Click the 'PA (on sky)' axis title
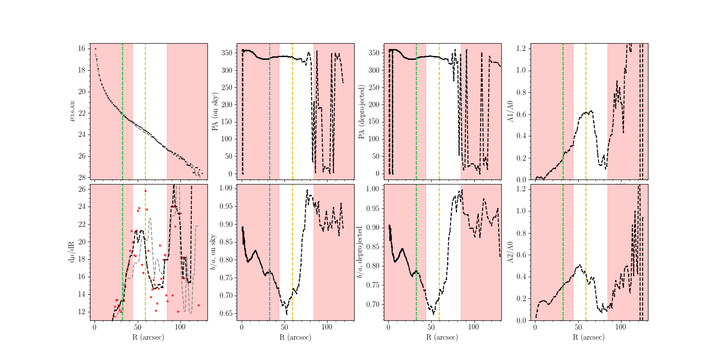point(215,111)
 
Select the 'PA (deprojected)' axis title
point(361,111)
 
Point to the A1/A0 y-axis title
point(510,111)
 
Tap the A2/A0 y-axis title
point(510,252)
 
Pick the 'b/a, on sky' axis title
point(213,252)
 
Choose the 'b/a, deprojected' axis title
point(360,252)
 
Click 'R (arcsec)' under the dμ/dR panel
point(148,337)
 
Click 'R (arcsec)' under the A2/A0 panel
point(589,337)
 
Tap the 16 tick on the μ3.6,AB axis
point(82,49)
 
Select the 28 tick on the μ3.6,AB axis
point(82,178)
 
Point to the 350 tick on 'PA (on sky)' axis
point(227,53)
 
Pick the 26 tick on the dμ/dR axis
point(82,189)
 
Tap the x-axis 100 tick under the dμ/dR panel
point(180,327)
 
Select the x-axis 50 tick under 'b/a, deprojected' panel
point(431,327)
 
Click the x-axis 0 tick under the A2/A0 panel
point(535,327)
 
